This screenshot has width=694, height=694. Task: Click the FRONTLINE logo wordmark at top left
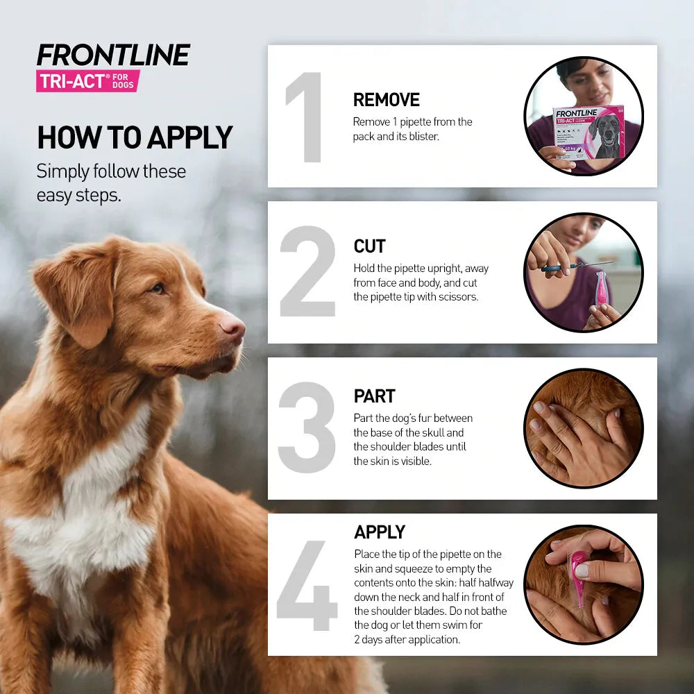pos(113,56)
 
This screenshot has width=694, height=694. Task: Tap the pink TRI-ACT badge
pos(88,81)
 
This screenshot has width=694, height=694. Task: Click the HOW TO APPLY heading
pos(135,137)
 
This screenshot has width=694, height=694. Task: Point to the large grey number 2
pos(307,272)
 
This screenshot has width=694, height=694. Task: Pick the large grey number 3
pos(307,428)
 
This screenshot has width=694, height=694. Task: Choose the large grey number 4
pos(307,585)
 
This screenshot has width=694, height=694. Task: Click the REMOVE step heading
pos(387,100)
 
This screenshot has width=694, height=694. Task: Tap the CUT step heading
pos(369,246)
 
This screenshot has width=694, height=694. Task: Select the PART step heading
pos(374,396)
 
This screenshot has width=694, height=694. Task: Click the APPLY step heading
pos(380,532)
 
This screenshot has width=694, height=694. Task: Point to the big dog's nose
pos(232,326)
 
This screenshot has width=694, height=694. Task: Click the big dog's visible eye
pos(158,288)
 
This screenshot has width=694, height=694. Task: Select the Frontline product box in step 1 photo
pos(589,132)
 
